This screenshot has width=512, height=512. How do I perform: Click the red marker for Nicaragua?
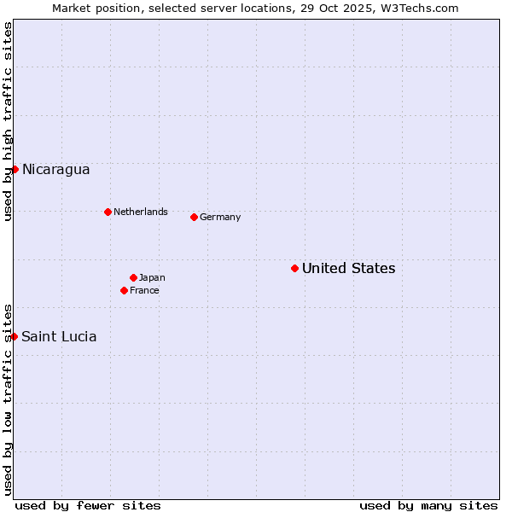tap(15, 169)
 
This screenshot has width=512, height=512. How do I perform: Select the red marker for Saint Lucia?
tap(15, 336)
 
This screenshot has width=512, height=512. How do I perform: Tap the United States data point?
tap(294, 268)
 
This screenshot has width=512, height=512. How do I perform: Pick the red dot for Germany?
tap(194, 217)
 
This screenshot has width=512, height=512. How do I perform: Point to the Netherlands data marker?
tap(108, 212)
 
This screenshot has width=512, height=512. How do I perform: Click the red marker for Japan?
tap(133, 277)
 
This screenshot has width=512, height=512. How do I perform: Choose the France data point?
tap(124, 290)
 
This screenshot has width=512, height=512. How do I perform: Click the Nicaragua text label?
tap(55, 169)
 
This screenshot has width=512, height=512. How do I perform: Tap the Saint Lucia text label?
tap(59, 336)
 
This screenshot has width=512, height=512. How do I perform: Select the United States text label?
tap(348, 268)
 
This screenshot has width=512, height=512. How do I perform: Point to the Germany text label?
tap(220, 217)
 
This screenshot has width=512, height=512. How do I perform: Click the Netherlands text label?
tap(140, 212)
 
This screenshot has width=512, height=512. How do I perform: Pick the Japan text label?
tap(152, 277)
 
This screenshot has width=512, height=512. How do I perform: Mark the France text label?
tap(144, 290)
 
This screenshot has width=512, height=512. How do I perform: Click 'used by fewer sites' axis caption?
tap(88, 505)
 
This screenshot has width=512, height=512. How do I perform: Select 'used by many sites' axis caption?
tap(428, 505)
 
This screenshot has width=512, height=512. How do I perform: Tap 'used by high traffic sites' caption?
tap(8, 121)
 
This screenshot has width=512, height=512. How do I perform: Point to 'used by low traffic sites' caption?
tap(8, 399)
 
